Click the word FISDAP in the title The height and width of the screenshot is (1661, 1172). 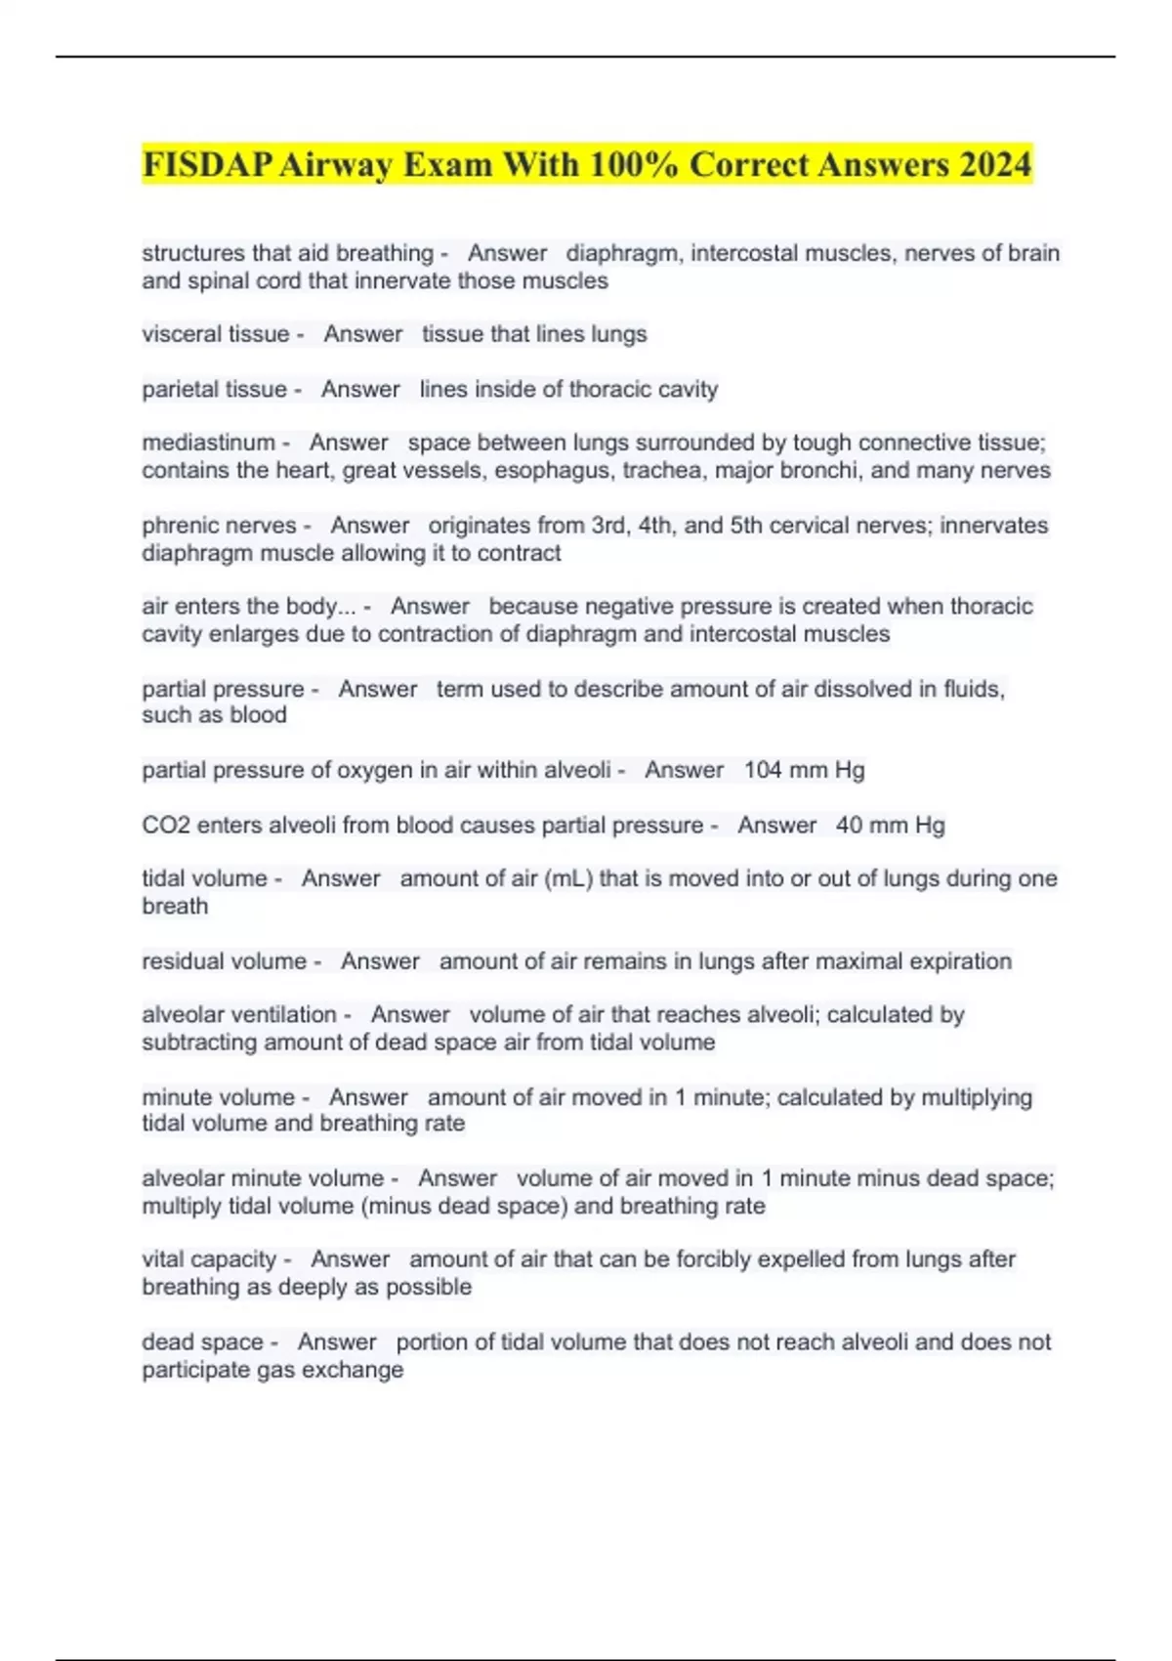coord(206,164)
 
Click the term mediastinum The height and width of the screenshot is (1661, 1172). coord(208,443)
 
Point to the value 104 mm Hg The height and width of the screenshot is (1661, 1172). coord(804,770)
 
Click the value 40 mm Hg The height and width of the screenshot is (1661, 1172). coord(890,825)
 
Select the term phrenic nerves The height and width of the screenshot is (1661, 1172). coord(219,526)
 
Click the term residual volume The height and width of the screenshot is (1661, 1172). coord(224,961)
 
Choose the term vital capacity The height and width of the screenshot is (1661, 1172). coord(209,1259)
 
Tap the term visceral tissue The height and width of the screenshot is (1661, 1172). coord(215,334)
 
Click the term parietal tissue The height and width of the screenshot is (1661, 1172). coord(214,389)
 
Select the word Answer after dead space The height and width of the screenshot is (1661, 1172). coord(337,1342)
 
